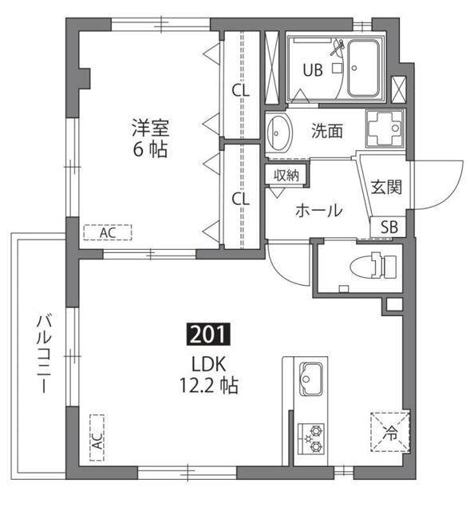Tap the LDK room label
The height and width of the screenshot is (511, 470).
click(x=209, y=364)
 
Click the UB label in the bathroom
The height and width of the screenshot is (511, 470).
click(x=312, y=69)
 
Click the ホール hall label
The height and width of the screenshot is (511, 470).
click(x=319, y=212)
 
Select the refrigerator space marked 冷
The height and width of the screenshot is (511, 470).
click(x=391, y=434)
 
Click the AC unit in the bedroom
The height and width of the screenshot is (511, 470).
click(x=108, y=232)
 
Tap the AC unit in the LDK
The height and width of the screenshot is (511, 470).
click(x=97, y=438)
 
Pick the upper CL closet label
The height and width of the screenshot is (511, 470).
click(x=240, y=90)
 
